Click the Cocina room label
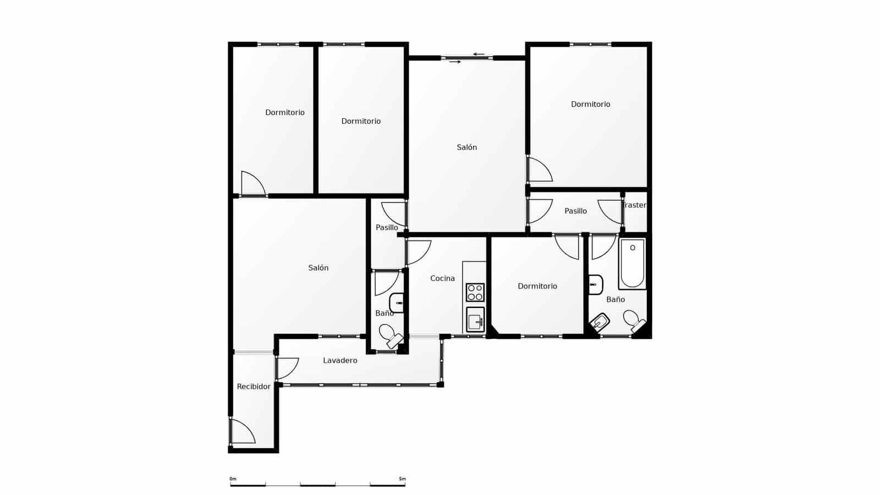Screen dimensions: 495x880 [x=442, y=278]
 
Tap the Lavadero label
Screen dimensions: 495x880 [x=340, y=361]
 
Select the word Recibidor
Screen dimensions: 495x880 [x=254, y=387]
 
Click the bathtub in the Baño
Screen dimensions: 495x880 [x=632, y=263]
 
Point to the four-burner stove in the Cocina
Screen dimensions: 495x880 [x=475, y=292]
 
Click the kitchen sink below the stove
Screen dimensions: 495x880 [x=475, y=320]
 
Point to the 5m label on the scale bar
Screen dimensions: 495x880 [x=402, y=479]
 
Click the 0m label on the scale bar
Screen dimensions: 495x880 [x=233, y=479]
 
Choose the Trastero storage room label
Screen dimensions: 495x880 [x=635, y=205]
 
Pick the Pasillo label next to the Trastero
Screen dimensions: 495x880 [x=575, y=211]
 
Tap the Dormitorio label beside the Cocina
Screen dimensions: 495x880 [x=537, y=286]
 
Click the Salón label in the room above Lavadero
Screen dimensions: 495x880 [x=318, y=268]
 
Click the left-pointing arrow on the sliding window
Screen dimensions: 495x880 [x=479, y=54]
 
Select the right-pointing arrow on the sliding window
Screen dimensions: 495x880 [x=455, y=62]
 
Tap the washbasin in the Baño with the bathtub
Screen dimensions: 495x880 [x=595, y=284]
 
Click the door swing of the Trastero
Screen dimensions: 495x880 [x=610, y=211]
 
